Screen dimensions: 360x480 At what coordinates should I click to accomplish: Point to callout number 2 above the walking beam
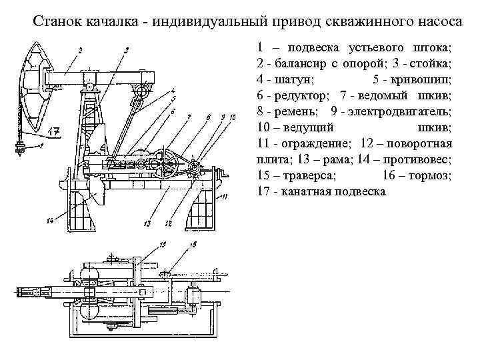79,50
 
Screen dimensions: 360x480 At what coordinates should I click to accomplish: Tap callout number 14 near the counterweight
50,222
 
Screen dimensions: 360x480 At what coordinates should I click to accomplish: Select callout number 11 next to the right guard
225,197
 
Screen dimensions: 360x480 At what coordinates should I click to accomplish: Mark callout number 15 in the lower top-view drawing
193,245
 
